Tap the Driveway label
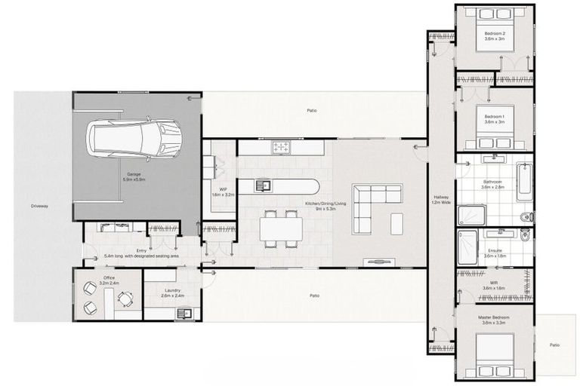pos(39,205)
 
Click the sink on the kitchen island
pos(264,184)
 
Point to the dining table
pos(281,228)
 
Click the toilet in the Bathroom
pos(526,217)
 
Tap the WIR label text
pos(495,282)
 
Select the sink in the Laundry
pos(181,313)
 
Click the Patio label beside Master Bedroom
pos(555,345)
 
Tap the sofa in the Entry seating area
pos(116,226)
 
